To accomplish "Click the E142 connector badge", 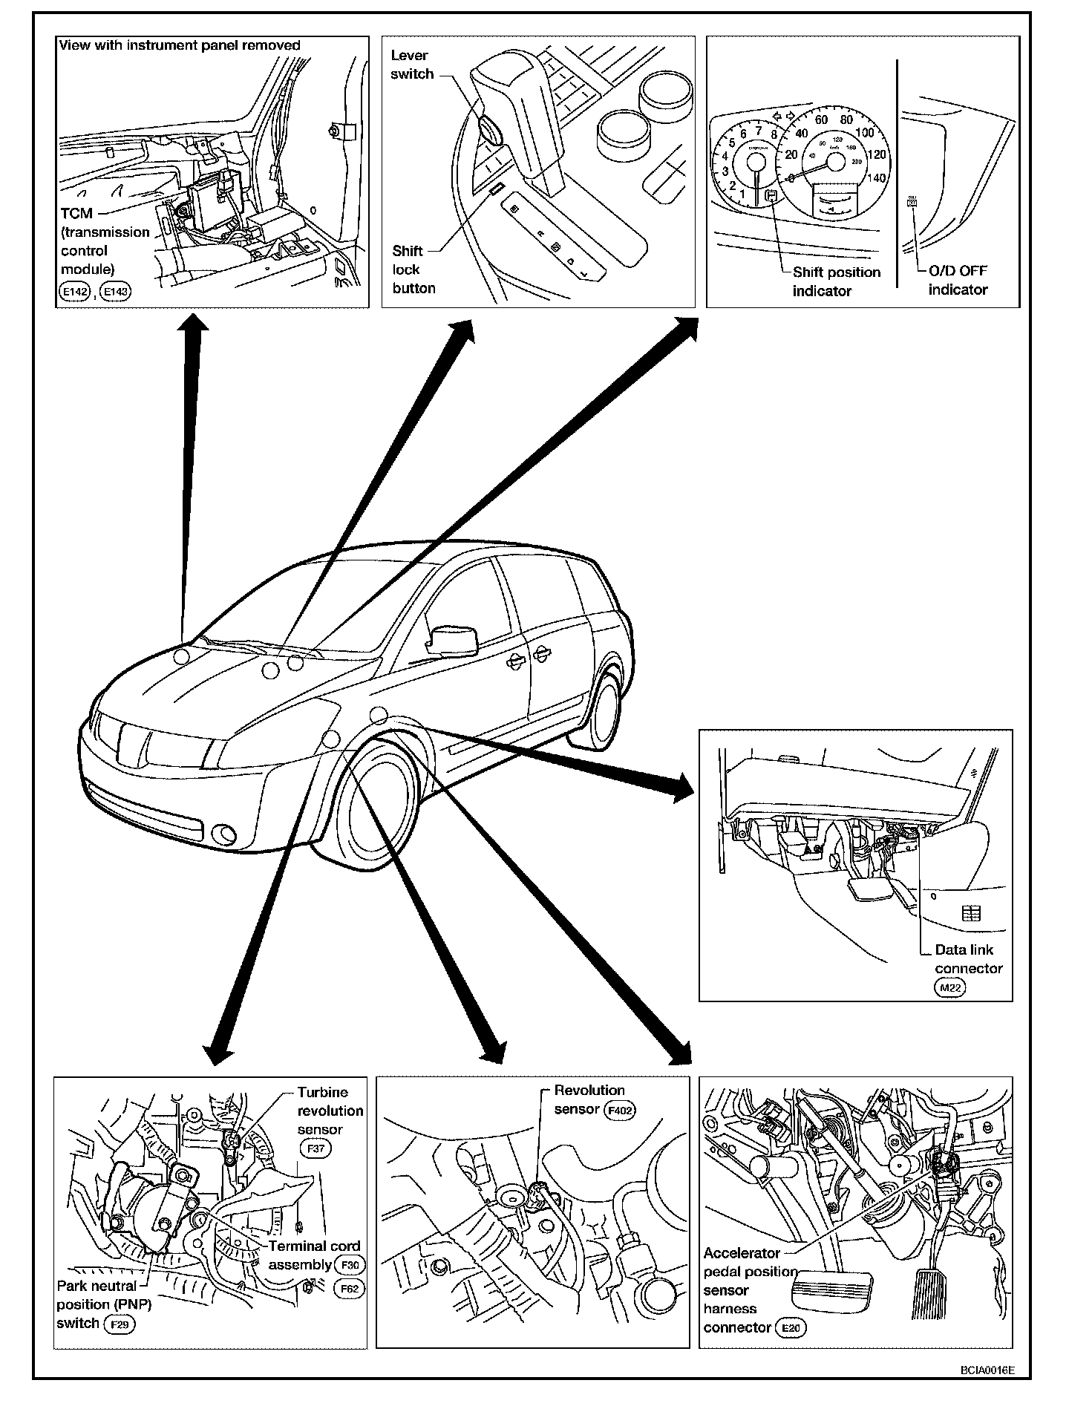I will tap(74, 292).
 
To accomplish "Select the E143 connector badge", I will tap(115, 292).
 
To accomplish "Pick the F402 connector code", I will tap(621, 1111).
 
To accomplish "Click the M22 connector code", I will tap(949, 987).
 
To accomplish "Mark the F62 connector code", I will tap(350, 1288).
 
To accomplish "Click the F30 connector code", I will tap(350, 1266).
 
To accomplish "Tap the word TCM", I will tap(76, 213).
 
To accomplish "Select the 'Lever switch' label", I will tap(412, 65).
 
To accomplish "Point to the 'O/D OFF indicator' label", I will tap(958, 280).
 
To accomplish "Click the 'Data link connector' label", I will tap(968, 958).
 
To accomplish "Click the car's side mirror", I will tap(452, 640).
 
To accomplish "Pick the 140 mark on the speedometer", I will tap(877, 178).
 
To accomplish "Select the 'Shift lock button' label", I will tap(413, 269).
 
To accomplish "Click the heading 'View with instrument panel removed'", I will tap(179, 45).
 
